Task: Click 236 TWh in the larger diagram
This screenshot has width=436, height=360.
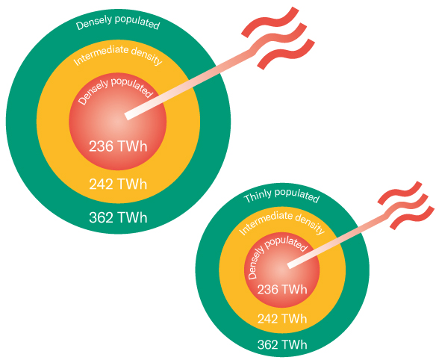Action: point(118,146)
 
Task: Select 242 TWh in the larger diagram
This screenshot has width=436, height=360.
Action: point(118,184)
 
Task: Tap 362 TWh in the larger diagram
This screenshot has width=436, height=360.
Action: point(118,217)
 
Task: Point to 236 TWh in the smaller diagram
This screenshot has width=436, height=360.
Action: point(282,290)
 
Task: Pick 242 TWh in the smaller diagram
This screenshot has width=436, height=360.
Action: point(282,319)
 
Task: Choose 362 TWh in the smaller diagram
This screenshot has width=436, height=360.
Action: point(282,345)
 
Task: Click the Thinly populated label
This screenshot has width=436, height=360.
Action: point(281,195)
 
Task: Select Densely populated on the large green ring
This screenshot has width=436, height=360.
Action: point(118,22)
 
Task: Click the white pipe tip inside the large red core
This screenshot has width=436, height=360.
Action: point(128,116)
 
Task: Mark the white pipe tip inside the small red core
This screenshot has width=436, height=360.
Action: point(290,265)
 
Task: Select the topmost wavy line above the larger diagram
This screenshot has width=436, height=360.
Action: point(270,22)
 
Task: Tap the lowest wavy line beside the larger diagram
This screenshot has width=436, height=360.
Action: point(286,54)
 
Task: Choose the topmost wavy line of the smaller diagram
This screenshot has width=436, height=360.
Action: point(400,193)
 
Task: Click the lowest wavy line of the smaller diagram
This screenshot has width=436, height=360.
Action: point(412,218)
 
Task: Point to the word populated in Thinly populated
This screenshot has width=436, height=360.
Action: point(297,195)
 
